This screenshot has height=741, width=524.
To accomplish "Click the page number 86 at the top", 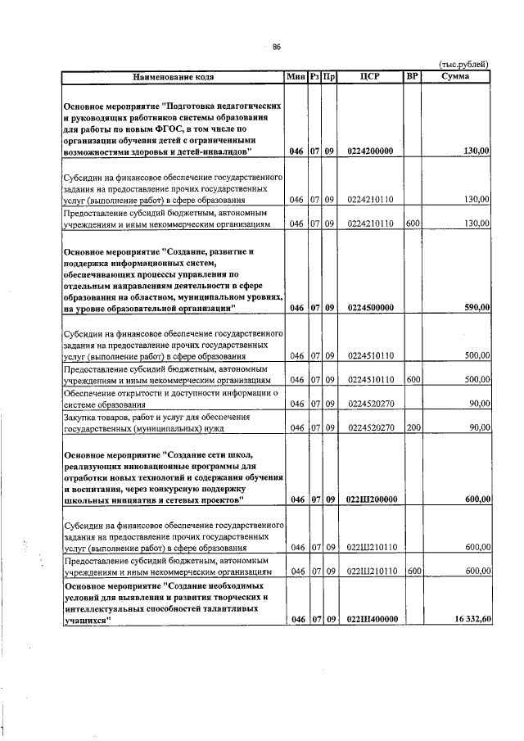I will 277,47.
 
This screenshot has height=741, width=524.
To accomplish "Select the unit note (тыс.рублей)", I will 463,63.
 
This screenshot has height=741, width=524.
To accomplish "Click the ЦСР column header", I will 369,77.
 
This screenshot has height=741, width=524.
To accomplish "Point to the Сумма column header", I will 455,77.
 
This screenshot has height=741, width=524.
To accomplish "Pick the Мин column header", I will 295,77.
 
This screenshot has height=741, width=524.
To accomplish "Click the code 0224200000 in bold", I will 370,151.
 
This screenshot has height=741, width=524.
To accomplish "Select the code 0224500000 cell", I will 370,308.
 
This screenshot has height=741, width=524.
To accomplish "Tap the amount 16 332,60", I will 470,620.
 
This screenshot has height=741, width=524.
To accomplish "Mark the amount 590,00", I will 477,308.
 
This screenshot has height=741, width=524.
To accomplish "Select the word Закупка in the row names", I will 83,416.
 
